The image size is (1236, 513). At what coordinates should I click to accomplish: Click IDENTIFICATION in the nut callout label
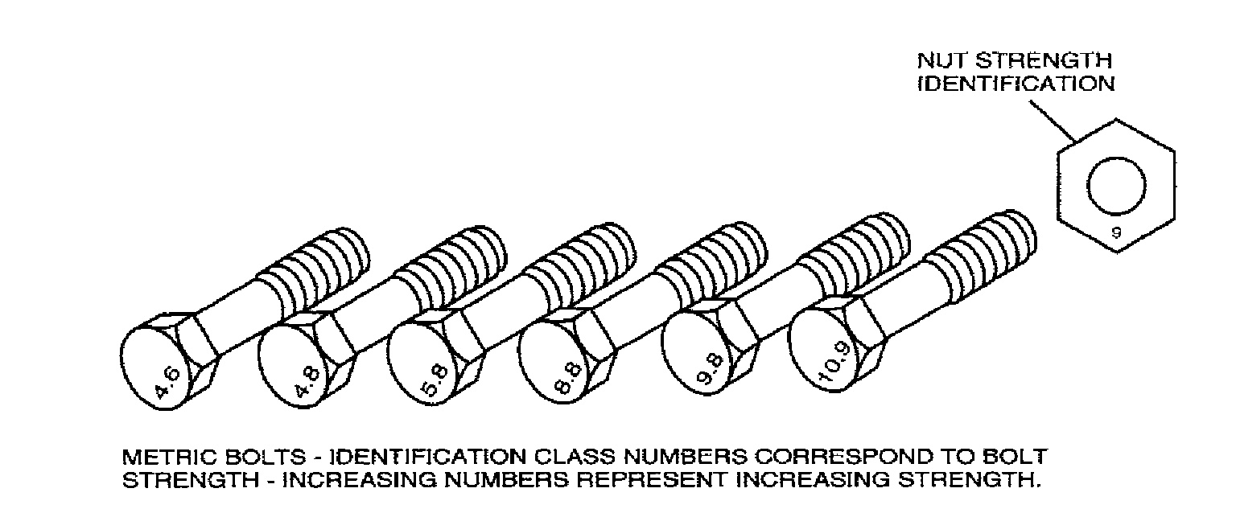click(x=1016, y=84)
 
